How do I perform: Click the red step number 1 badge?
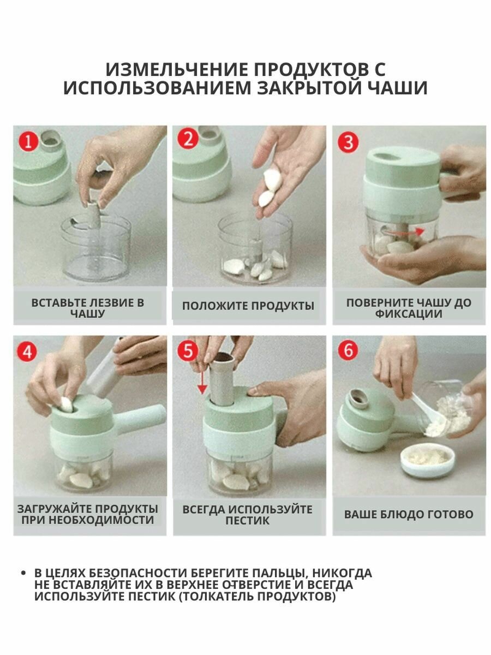click(x=28, y=141)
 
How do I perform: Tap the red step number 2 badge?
click(x=188, y=139)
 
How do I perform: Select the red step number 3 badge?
click(x=348, y=142)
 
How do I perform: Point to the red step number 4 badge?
click(x=27, y=352)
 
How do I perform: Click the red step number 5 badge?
click(x=188, y=350)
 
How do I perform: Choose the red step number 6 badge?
click(x=348, y=350)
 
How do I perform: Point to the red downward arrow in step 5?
click(x=202, y=384)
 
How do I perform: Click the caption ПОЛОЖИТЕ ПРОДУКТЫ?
click(x=248, y=306)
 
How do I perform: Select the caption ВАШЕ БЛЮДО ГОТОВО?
click(x=409, y=515)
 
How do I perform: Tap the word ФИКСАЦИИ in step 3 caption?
click(x=409, y=314)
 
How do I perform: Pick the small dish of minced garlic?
click(x=428, y=460)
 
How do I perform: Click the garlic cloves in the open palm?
click(x=269, y=188)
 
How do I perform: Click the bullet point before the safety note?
click(x=23, y=573)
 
